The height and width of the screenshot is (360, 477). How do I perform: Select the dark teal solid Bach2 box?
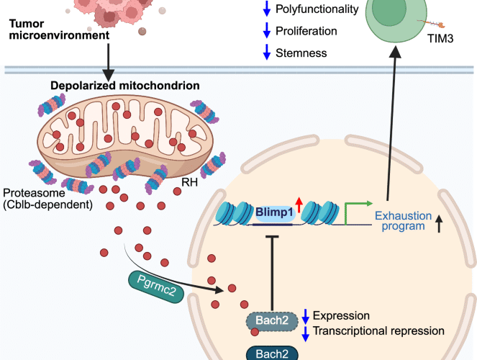point(272,352)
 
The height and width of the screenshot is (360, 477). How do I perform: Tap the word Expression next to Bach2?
point(341,315)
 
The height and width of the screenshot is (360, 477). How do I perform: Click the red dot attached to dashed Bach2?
point(255,332)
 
